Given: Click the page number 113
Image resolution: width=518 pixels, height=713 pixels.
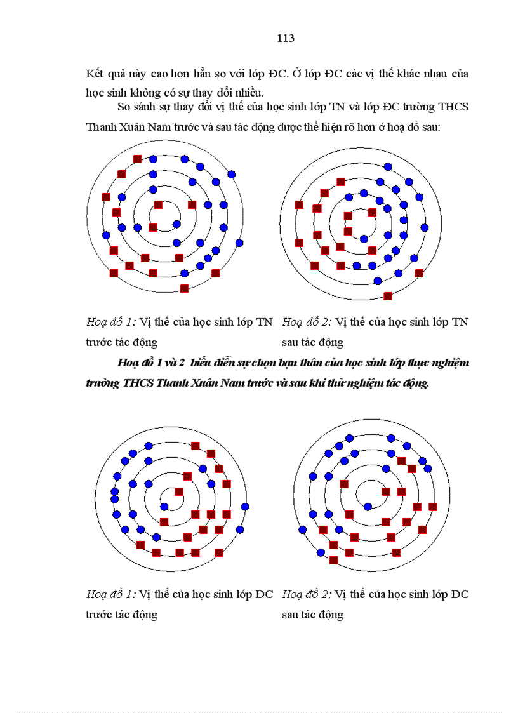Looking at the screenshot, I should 286,38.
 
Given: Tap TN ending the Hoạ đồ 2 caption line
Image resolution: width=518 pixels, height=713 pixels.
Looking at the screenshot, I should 460,323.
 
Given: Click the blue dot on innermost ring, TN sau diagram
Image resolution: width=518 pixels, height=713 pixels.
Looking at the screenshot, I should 364,239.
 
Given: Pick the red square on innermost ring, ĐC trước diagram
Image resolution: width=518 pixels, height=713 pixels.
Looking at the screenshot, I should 179,491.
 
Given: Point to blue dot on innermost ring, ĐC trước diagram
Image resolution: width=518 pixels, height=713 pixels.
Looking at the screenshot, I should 164,506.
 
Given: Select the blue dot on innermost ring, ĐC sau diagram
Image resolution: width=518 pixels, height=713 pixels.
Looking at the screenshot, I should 368,507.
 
